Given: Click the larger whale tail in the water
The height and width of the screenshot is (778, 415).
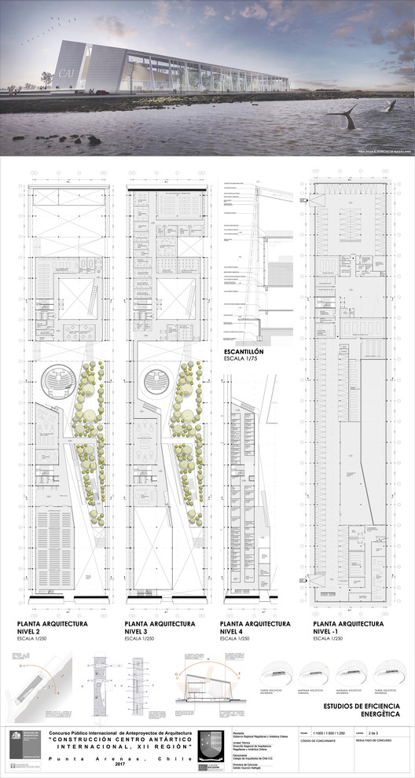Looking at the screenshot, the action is [341, 118].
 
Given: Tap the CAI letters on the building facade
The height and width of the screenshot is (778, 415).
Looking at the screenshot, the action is [68, 75].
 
